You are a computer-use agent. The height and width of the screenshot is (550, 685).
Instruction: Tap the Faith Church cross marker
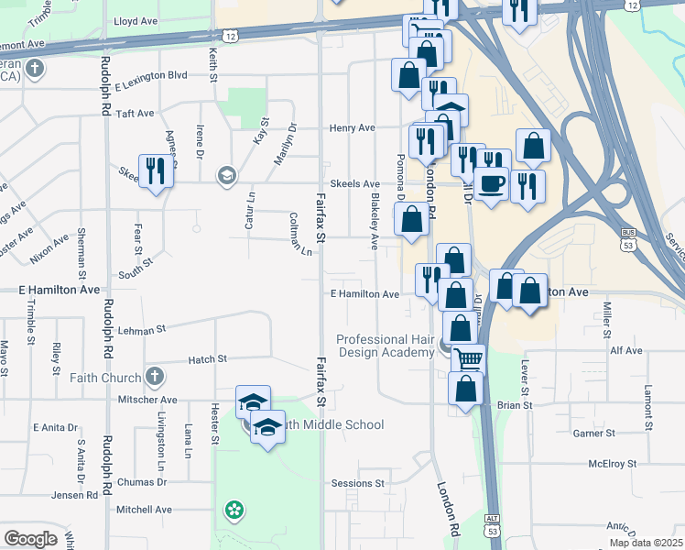(x=155, y=377)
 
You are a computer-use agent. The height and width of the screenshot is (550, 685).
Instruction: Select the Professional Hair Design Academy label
(x=385, y=346)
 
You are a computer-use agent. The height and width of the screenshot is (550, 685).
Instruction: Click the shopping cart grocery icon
(x=468, y=359)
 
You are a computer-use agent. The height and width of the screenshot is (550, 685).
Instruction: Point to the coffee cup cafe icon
(x=491, y=183)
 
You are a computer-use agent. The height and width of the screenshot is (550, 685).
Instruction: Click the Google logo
(x=30, y=538)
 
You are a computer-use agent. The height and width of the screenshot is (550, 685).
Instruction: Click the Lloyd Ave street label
(x=136, y=20)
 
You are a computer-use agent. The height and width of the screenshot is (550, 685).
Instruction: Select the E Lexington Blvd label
(x=153, y=75)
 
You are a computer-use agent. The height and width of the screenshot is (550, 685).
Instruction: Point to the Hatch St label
(x=207, y=359)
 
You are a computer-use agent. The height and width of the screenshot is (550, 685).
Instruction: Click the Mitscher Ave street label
(x=145, y=400)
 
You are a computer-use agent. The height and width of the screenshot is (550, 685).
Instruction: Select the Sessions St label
(x=358, y=483)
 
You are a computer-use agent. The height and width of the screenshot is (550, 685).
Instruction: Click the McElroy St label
(x=613, y=463)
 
